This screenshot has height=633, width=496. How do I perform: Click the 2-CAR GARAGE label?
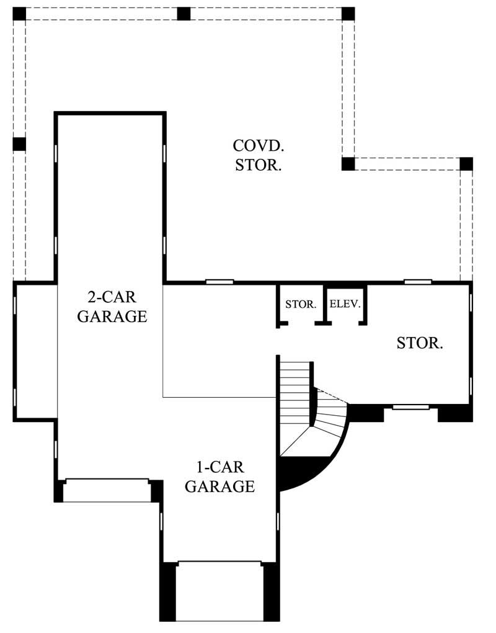tap(112, 307)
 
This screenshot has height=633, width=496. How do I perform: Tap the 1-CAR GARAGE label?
tap(219, 477)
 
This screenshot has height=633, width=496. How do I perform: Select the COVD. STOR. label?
tap(259, 155)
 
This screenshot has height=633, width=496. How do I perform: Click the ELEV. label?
tap(345, 305)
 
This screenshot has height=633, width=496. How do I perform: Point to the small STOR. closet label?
tap(301, 305)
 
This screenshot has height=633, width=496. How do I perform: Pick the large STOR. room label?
tap(420, 343)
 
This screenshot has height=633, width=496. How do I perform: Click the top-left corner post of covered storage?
tap(20, 14)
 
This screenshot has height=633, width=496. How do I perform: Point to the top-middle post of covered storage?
tap(184, 14)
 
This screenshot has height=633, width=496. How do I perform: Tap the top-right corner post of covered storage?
tap(348, 14)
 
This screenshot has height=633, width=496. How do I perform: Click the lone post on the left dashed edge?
tap(19, 144)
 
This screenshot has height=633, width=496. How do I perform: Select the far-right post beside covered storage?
tap(466, 164)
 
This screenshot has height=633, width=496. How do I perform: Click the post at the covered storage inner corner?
tap(348, 164)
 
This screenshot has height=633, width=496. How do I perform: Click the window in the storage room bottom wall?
tap(411, 407)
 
